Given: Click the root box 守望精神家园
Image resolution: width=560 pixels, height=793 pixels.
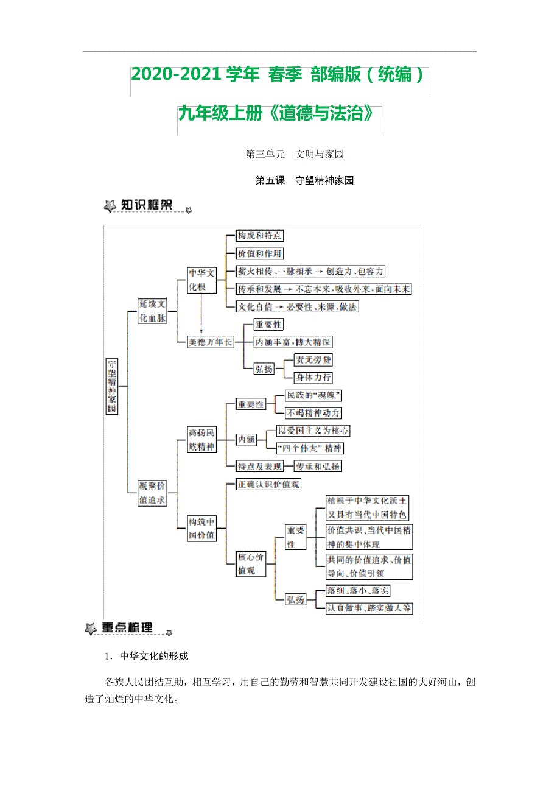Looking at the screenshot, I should tap(111, 386).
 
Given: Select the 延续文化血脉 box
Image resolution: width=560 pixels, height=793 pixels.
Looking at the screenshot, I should tap(152, 310).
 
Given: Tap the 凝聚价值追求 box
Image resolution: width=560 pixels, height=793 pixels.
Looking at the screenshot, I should tap(152, 493).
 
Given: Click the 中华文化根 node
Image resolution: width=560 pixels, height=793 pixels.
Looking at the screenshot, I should tap(201, 280).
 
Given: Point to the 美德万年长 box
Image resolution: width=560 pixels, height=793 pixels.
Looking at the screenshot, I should tap(210, 342).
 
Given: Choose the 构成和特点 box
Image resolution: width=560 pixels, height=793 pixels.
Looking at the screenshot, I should tap(259, 236).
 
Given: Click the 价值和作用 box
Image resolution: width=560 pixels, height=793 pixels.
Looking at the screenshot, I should tap(259, 253).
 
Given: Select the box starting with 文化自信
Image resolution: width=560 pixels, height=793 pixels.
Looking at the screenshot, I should tap(297, 307).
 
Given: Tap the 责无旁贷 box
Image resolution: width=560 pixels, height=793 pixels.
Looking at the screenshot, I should tap(313, 360).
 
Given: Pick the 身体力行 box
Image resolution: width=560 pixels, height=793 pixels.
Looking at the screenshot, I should tap(313, 378).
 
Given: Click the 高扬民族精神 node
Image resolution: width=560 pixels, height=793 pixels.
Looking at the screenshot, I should tap(201, 439).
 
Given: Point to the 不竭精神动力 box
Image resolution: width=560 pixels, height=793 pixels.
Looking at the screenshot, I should tap(313, 413).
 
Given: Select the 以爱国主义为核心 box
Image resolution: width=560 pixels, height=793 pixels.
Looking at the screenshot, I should tap(313, 431).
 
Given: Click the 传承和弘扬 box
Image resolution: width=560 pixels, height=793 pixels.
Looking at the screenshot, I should tap(317, 467).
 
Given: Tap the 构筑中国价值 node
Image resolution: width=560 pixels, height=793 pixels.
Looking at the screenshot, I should tap(201, 528).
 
